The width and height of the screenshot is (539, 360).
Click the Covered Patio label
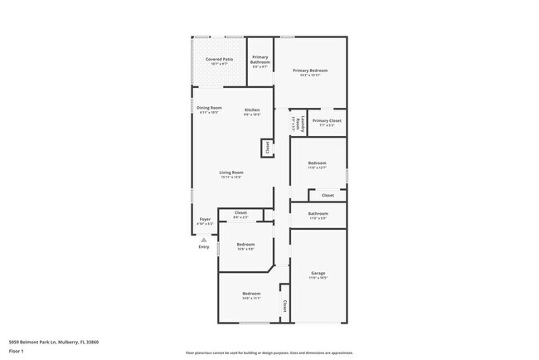point(219,60)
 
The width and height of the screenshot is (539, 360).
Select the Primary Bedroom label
point(310,71)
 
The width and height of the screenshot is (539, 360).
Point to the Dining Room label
point(209,108)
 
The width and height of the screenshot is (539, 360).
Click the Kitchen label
point(252,110)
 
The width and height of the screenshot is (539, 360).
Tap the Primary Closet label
point(327,120)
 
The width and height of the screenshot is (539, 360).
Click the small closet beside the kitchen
point(267,148)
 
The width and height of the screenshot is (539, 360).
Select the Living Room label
point(231,173)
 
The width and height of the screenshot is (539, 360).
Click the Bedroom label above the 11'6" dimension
point(318,163)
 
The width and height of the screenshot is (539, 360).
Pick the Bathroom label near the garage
point(318,213)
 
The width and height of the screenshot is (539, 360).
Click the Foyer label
point(204,219)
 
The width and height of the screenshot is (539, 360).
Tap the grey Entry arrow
point(204,240)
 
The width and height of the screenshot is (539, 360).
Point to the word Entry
point(204,247)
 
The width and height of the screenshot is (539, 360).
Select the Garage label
point(318,273)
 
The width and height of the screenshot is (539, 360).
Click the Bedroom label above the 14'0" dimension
point(251,294)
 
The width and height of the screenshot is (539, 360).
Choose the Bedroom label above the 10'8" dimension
point(245,244)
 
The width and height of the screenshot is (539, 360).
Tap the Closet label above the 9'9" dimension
point(240,212)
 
